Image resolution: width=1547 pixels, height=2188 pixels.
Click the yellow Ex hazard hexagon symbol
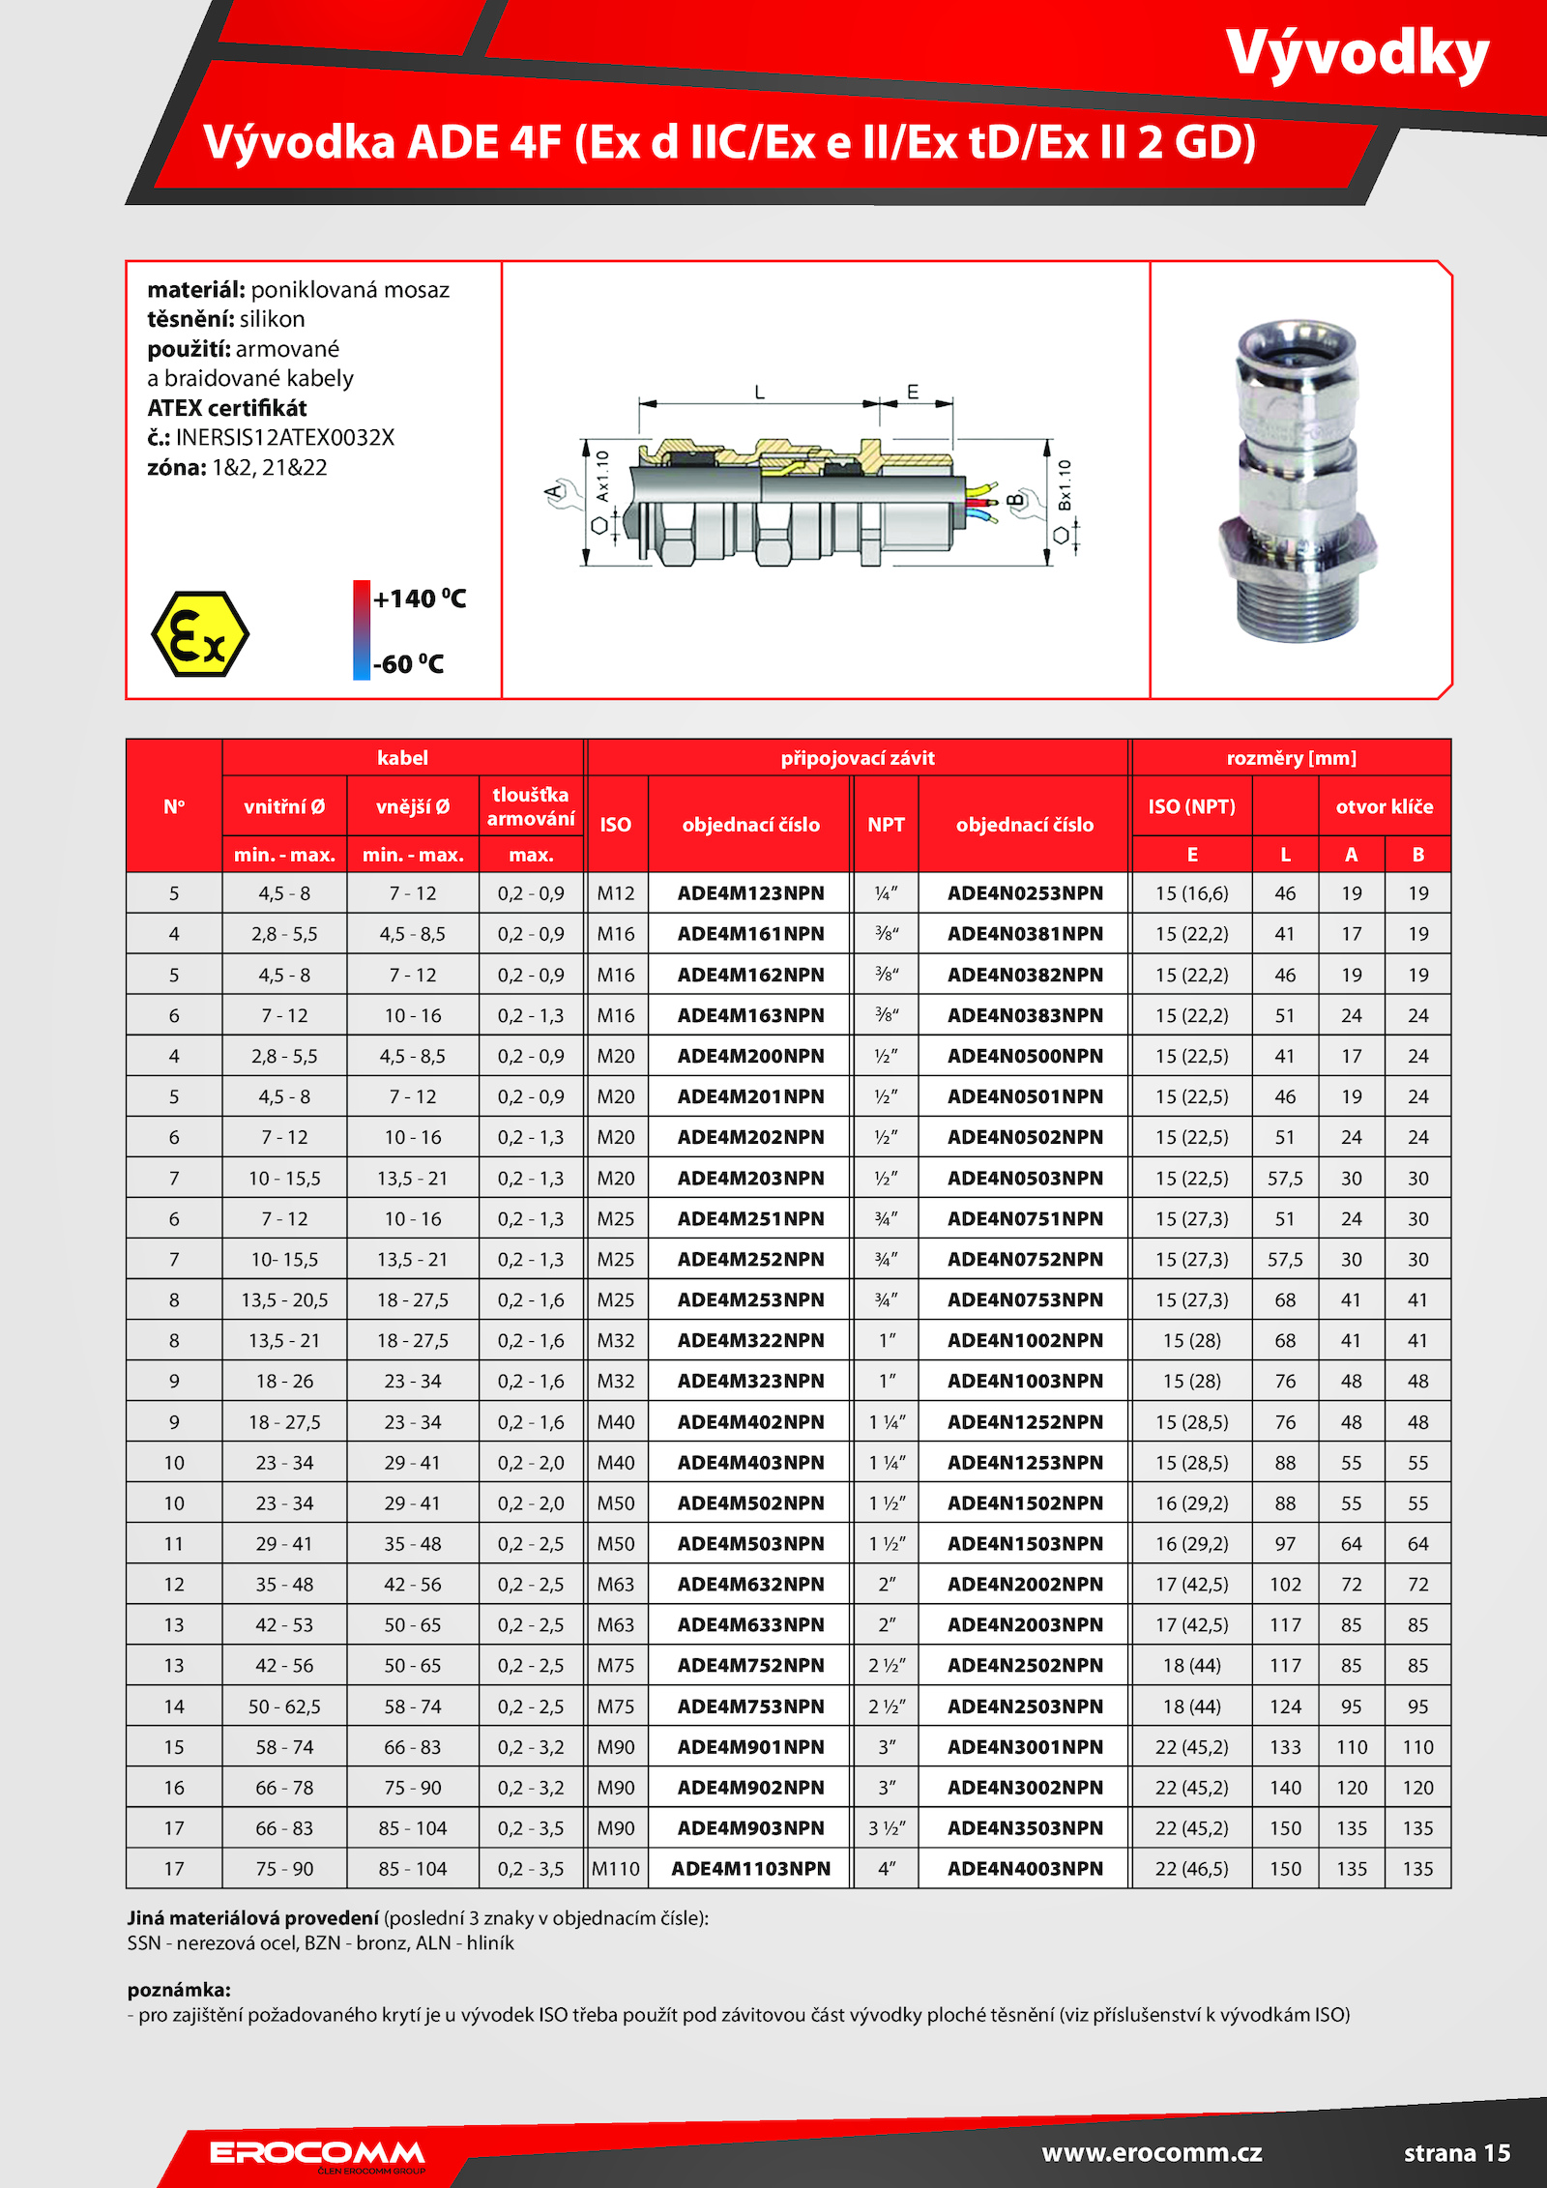(x=200, y=634)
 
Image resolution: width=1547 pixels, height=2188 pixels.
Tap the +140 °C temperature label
(x=420, y=599)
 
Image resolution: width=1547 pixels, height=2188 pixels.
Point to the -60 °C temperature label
(x=408, y=664)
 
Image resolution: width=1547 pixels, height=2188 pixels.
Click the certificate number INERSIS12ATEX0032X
(x=285, y=437)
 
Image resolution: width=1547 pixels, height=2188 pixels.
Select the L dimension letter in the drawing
(x=760, y=392)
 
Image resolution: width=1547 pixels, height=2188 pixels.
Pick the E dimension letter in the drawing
(x=913, y=392)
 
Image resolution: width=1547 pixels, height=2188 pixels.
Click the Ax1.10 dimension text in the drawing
(x=602, y=476)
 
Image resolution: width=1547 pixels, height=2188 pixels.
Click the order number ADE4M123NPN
(x=750, y=893)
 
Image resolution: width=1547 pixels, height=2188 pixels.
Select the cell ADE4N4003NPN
(x=1025, y=1869)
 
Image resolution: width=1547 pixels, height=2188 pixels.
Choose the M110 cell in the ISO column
(x=616, y=1869)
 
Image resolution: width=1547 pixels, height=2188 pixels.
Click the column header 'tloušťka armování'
(x=531, y=806)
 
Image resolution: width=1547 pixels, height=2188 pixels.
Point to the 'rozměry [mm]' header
(x=1291, y=758)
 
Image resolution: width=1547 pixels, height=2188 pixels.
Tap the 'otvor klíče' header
(x=1384, y=806)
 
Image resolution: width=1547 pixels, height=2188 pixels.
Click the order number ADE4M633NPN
(x=750, y=1625)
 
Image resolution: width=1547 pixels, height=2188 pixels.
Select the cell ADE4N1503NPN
(x=1025, y=1544)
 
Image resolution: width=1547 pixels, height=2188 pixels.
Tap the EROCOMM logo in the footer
(x=317, y=2153)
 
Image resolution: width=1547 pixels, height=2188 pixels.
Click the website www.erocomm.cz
(x=1152, y=2152)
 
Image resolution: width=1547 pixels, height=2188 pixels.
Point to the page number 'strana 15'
(x=1456, y=2153)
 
